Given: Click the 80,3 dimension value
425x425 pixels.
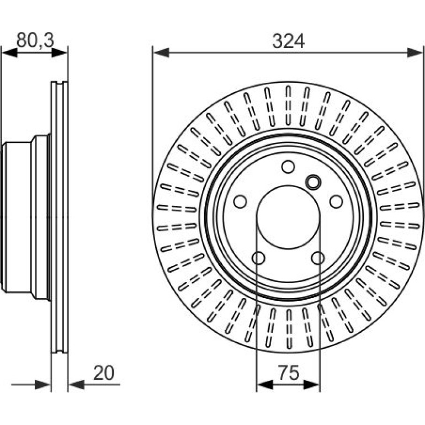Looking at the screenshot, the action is [35, 40].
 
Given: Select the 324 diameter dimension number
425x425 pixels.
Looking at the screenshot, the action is [288, 41].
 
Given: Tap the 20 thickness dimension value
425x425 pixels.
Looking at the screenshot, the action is [104, 373].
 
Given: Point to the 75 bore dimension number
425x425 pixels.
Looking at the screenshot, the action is [289, 373].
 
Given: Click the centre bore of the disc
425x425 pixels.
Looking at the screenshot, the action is [288, 217].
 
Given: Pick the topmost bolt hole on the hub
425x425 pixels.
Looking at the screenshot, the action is [288, 167].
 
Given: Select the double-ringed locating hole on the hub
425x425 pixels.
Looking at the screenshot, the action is [313, 182].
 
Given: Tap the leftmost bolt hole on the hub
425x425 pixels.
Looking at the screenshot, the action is [240, 201].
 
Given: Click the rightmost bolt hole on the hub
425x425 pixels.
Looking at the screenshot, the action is [336, 201].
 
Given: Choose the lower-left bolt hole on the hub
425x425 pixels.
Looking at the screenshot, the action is [258, 258].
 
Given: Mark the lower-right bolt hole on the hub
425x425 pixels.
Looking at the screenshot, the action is [318, 258].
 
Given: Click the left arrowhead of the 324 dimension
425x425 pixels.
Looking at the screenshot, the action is [161, 52].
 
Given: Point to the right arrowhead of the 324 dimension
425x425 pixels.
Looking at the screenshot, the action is [415, 52].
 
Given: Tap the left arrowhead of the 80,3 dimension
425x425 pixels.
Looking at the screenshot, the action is [9, 52].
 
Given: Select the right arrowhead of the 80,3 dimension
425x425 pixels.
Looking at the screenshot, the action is [59, 52].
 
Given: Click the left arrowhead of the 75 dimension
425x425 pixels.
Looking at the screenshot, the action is [264, 385].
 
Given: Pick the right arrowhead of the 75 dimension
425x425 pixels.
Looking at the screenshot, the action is [312, 385].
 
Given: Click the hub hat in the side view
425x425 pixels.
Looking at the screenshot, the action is [26, 217].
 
